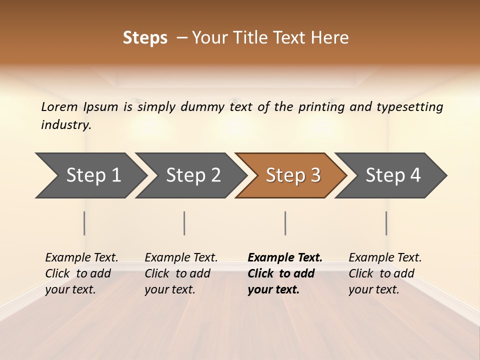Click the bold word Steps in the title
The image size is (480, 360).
(145, 38)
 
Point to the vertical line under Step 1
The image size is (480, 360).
(84, 223)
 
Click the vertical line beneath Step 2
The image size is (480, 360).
(184, 223)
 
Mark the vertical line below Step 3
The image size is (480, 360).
(285, 223)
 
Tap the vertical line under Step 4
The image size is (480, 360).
(386, 223)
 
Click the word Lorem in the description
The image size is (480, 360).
(59, 106)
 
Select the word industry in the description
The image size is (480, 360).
(66, 124)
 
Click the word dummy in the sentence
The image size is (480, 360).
(203, 106)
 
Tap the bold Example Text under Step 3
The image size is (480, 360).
(285, 257)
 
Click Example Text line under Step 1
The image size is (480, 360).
(81, 257)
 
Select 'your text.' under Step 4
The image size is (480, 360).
(373, 289)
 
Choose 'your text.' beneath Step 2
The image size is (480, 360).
(169, 289)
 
